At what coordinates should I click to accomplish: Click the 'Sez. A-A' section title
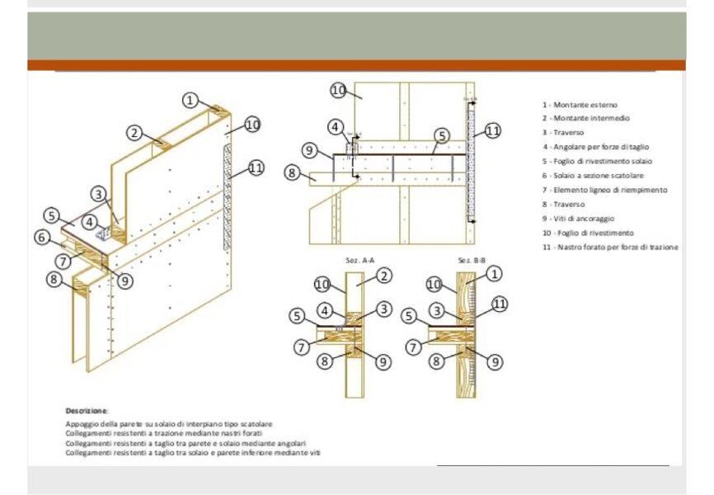pos(356,260)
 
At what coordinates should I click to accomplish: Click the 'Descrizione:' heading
pos(87,410)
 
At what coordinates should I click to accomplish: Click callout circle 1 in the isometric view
pos(190,100)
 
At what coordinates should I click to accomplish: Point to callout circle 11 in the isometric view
pos(256,167)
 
